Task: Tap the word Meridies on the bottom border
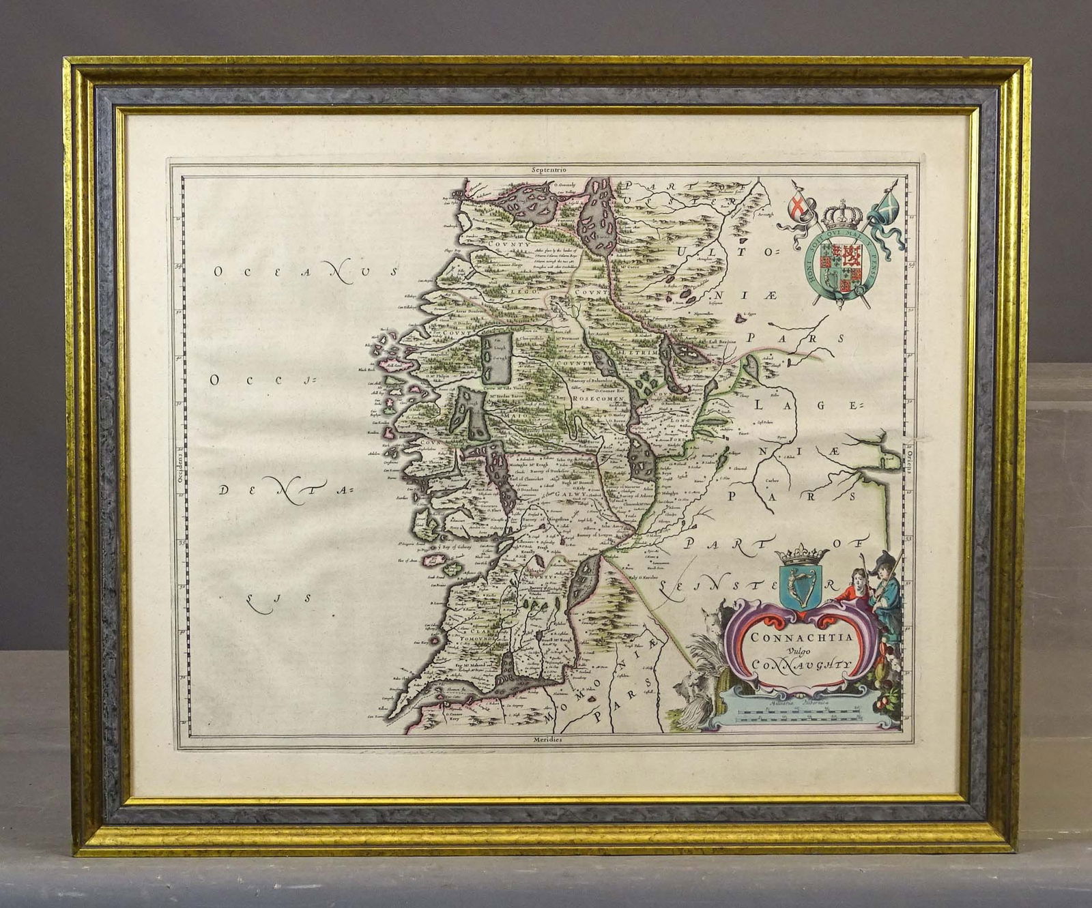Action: [x=549, y=739]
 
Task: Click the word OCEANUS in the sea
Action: [x=303, y=272]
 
